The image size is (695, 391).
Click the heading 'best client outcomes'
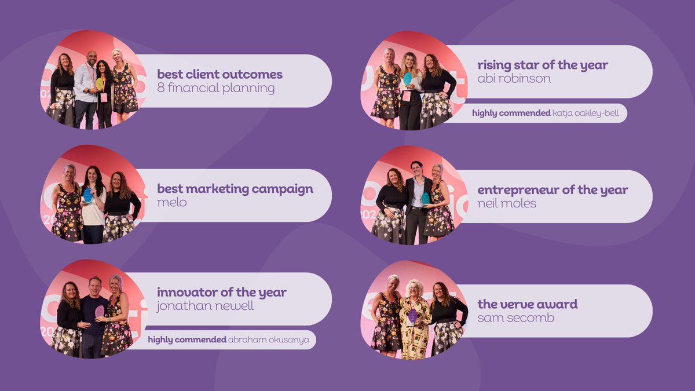coord(220,74)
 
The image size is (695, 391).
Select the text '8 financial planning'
coord(216,89)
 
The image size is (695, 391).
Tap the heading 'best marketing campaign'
coord(235,189)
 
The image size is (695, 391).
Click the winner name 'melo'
coord(172,203)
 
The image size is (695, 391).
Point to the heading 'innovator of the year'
coord(222,292)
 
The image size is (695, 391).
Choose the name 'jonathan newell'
coord(206,306)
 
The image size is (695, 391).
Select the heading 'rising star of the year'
coord(543,65)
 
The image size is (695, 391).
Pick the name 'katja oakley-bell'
coord(586,113)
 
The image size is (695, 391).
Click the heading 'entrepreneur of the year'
coord(553,189)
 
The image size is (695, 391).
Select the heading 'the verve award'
coord(527,304)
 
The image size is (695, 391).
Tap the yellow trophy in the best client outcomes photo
coord(99,83)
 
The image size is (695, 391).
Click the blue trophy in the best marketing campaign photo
coord(88,195)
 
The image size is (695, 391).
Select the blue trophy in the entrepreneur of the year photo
coord(426,198)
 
